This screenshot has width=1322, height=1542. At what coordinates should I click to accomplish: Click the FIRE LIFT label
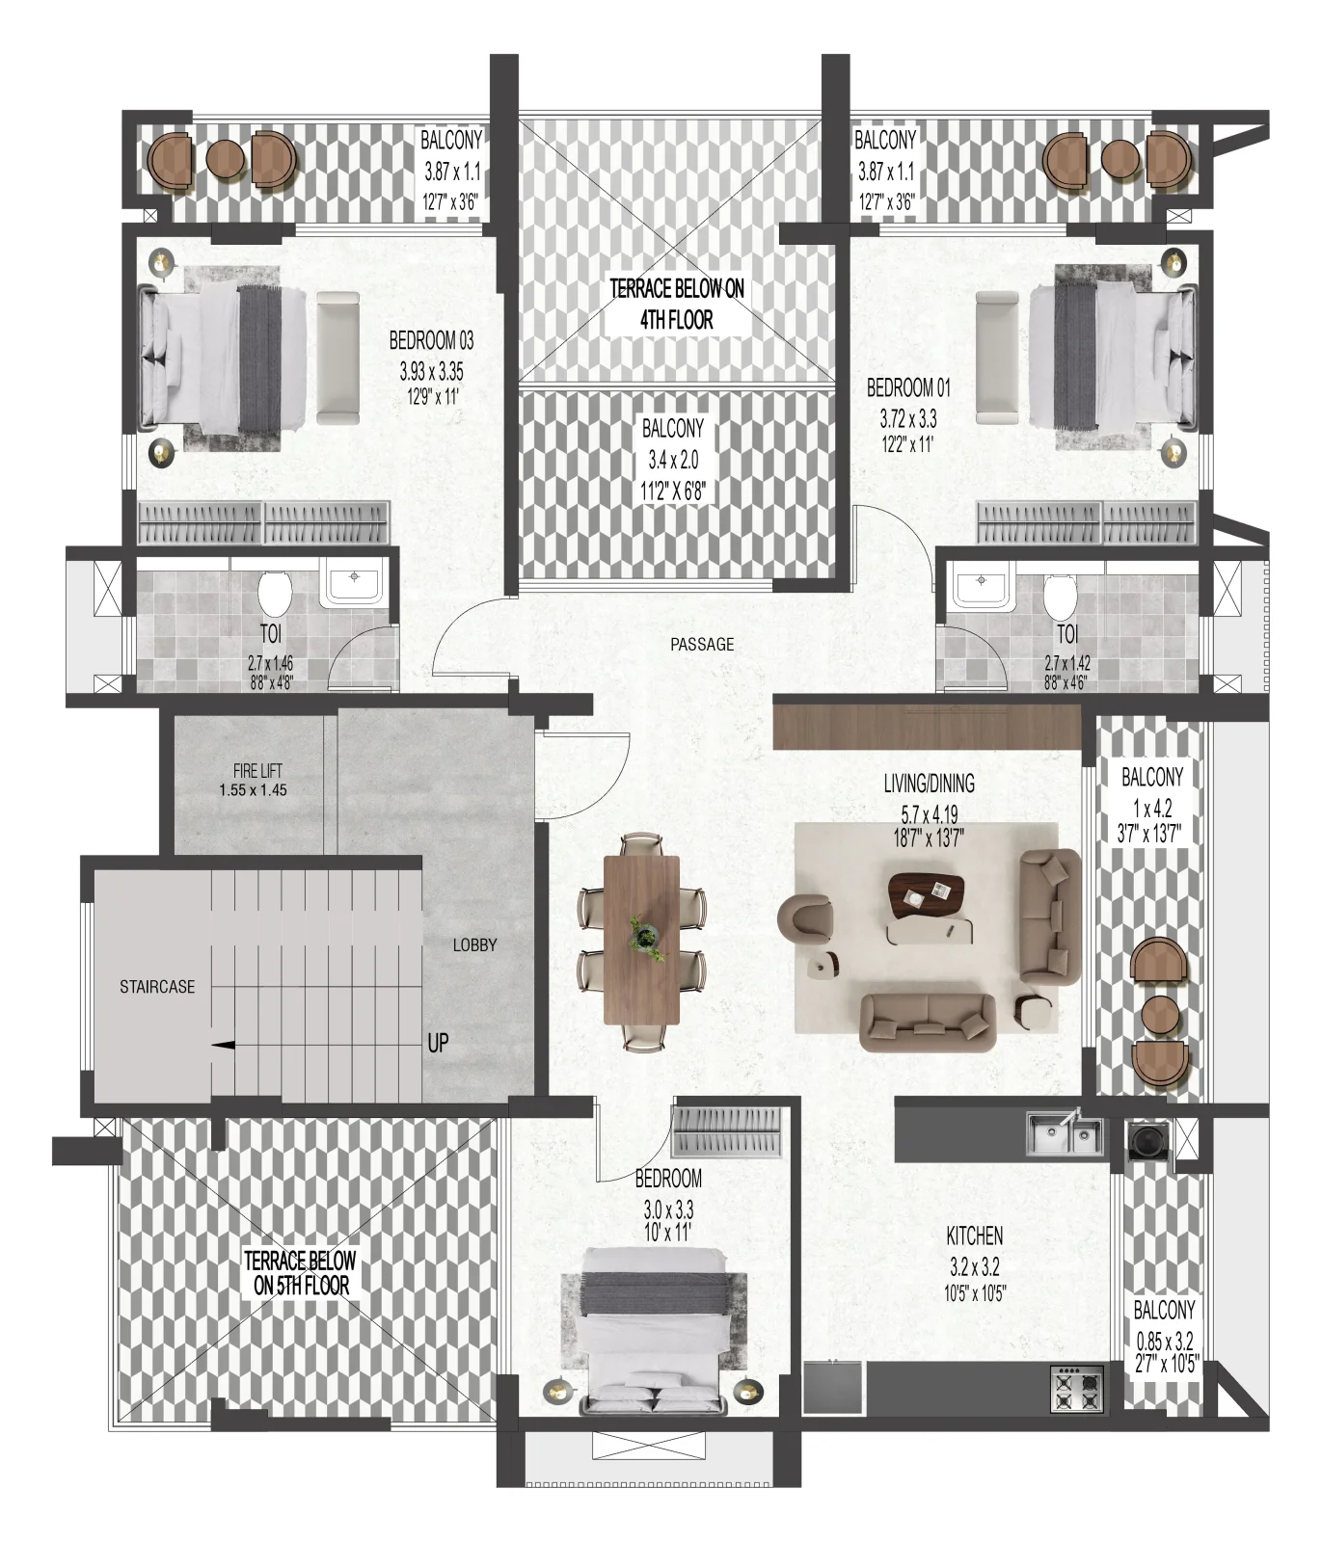coord(257,771)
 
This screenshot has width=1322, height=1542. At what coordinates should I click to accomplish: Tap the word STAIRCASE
coord(157,987)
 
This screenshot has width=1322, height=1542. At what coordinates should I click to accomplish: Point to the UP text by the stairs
coord(438,1043)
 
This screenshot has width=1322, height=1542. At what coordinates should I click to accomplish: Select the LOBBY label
coord(475,945)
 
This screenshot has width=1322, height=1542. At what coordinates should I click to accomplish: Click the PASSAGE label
coord(702,644)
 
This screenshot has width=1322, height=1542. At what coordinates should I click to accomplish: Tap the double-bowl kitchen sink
coord(1064,1133)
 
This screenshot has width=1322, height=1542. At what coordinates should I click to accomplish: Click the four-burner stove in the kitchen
coord(1078,1389)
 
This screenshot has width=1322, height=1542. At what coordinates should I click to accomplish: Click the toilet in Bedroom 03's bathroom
coord(276,592)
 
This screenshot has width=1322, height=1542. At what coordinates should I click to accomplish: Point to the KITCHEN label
coord(974,1236)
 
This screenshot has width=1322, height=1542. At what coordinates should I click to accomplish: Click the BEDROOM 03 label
coord(431,340)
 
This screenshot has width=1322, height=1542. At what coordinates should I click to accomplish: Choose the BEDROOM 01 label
coord(908,387)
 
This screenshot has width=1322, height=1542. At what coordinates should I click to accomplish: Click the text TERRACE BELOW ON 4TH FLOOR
coord(677,304)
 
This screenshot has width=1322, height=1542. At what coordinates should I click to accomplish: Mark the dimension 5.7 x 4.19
coord(929,811)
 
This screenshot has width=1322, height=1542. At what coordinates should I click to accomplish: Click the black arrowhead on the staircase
coord(223,1044)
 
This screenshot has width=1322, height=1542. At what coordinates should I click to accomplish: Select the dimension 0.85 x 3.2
coord(1164,1341)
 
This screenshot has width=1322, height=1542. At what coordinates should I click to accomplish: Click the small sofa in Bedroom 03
coord(337,357)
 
